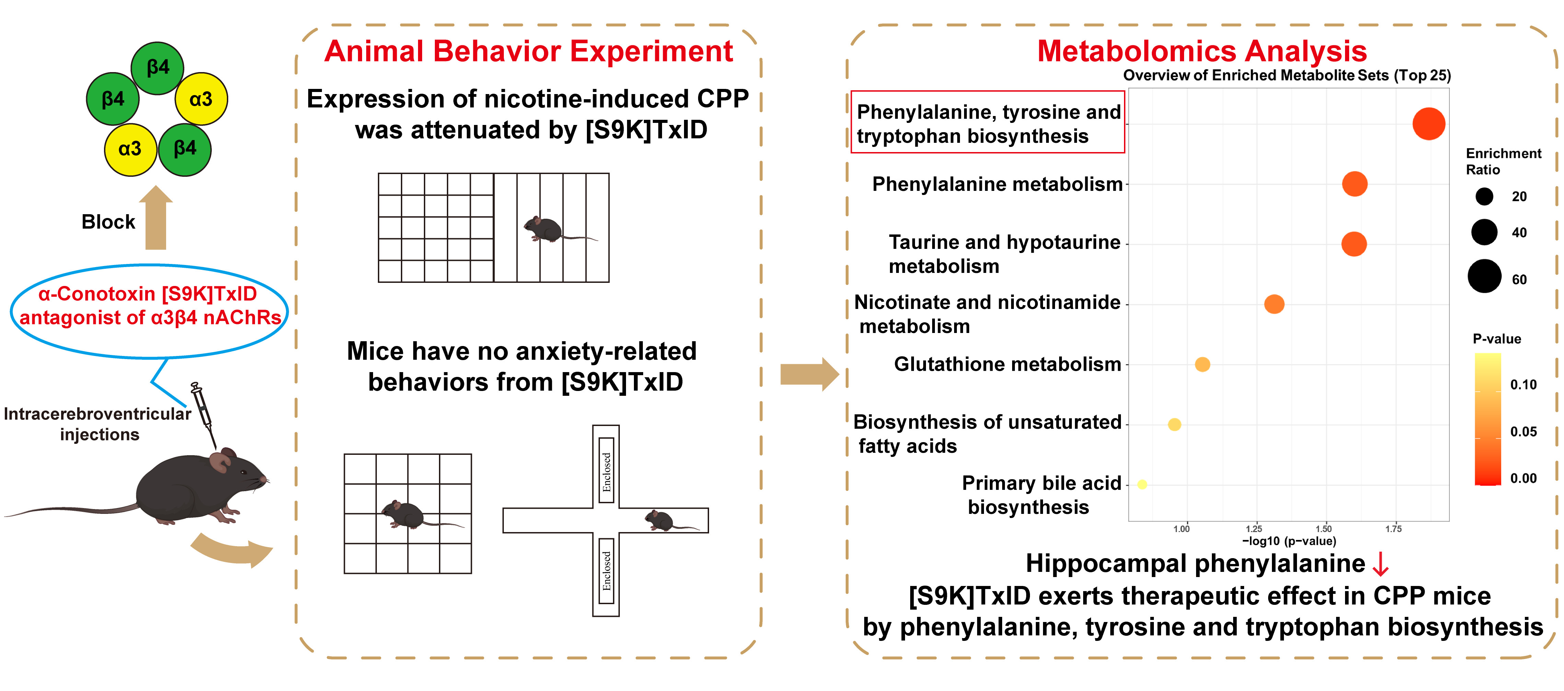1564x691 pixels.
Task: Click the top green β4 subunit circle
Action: pos(157,68)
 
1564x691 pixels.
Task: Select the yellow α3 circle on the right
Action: pos(201,99)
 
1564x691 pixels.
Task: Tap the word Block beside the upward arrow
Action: pos(108,222)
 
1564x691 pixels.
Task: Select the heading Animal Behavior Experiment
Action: pos(528,51)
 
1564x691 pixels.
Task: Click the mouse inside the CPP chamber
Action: pos(543,229)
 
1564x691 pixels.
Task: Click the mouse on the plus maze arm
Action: pos(661,520)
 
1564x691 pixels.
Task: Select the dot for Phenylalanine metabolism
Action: pos(1355,184)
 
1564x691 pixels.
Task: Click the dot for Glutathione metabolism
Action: pos(1202,364)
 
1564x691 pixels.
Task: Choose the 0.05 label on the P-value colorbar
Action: pos(1523,432)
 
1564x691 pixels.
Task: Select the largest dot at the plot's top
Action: pos(1429,124)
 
